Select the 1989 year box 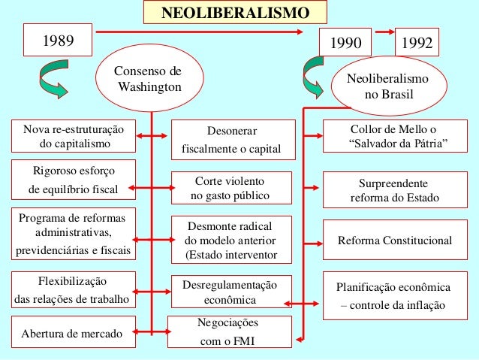(57, 41)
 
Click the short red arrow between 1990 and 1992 (384, 33)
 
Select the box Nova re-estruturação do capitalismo (74, 135)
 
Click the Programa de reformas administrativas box (74, 234)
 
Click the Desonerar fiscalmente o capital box (231, 140)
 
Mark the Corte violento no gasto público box (230, 189)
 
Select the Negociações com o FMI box (230, 331)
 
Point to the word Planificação (373, 287)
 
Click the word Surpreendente (394, 183)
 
